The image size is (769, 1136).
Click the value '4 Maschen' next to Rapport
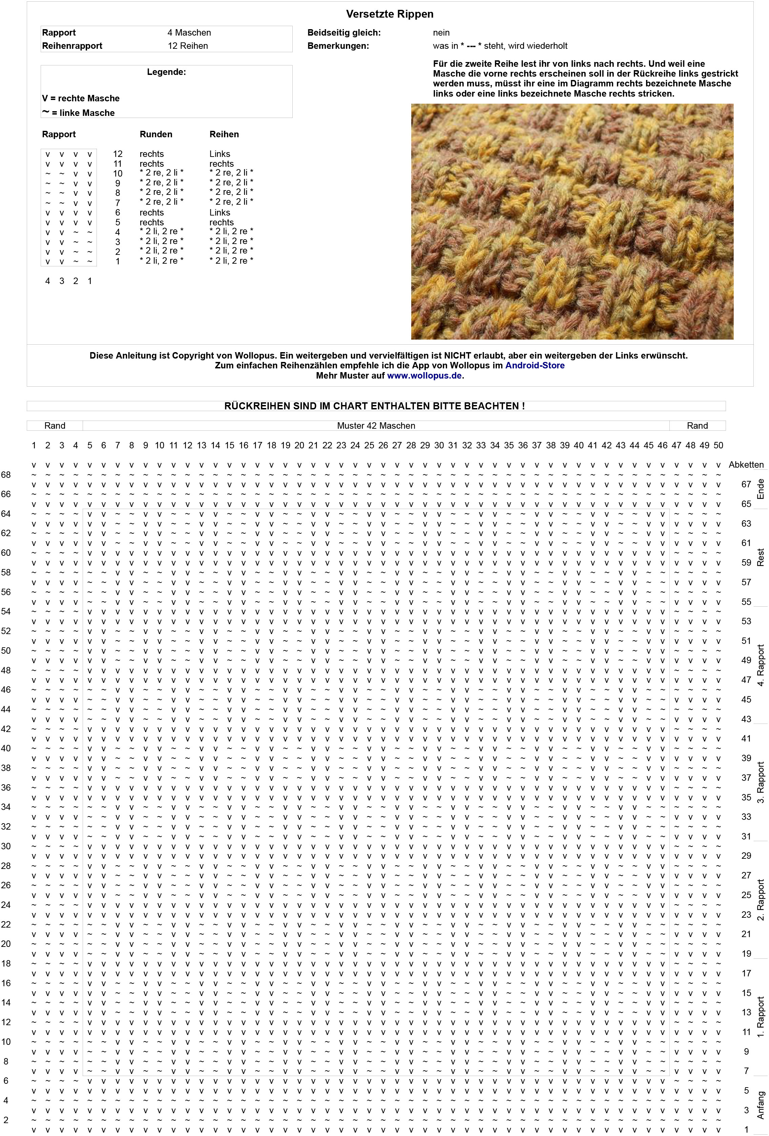pos(189,33)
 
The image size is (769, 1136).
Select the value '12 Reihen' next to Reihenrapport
pos(188,46)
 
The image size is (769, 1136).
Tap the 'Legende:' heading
pos(166,72)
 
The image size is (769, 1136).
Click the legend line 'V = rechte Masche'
pos(81,98)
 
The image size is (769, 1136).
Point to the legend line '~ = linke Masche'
pos(78,113)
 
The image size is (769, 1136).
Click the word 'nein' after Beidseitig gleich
pos(441,33)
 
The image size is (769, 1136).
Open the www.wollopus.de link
pos(424,376)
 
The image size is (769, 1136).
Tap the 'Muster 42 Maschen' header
pos(376,426)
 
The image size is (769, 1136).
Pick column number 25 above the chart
pos(369,445)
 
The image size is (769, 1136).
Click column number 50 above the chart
pos(718,445)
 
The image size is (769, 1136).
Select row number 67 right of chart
pos(746,484)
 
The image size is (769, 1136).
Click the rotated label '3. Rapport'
pos(760,782)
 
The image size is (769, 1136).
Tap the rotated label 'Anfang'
pos(760,1105)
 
